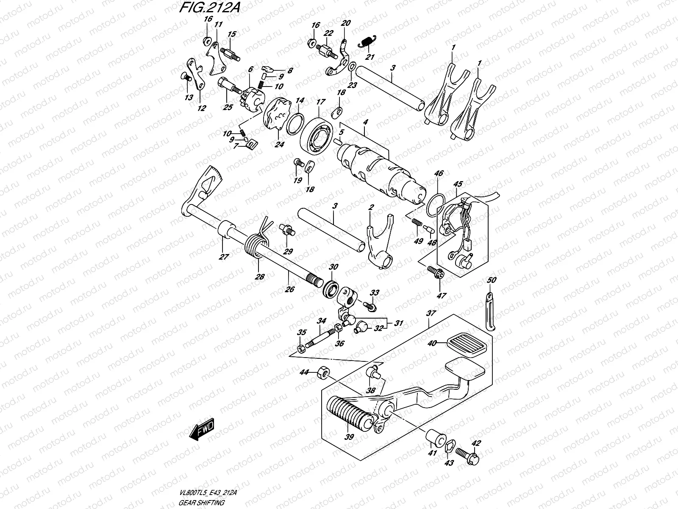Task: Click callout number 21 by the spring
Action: click(x=370, y=57)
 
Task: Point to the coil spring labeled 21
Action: click(x=366, y=41)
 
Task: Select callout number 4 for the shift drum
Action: click(x=365, y=122)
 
